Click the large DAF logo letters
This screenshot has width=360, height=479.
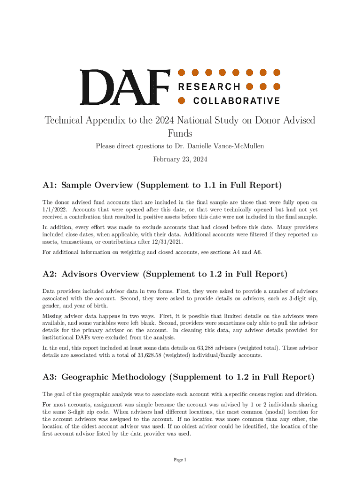(124, 87)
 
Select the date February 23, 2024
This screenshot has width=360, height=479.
(180, 159)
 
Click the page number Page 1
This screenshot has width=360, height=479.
(180, 460)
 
